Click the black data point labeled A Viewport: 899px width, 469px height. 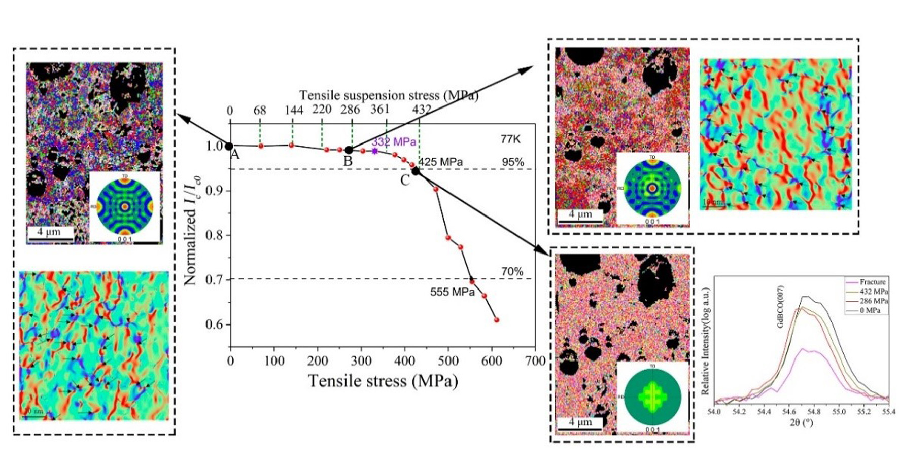click(229, 147)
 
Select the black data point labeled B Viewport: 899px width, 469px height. click(349, 150)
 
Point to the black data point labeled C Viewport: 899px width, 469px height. click(416, 171)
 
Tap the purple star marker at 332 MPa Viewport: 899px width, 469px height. click(375, 151)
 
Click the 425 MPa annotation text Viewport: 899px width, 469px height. click(440, 162)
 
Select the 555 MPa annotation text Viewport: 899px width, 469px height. click(453, 292)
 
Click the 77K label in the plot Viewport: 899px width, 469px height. click(510, 139)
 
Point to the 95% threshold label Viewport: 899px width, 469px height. click(512, 162)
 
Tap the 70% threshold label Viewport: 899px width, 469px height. click(512, 272)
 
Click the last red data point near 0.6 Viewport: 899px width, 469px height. click(497, 320)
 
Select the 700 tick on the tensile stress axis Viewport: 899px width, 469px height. click(534, 361)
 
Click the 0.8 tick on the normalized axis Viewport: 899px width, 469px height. click(215, 235)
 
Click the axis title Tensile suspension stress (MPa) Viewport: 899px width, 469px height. click(389, 95)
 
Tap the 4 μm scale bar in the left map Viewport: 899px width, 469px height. click(50, 233)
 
